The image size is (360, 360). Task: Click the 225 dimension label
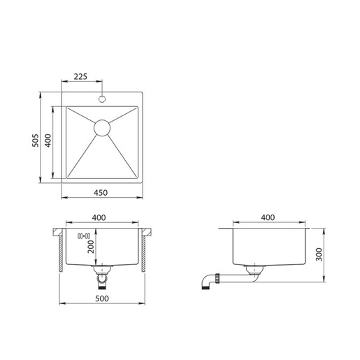pyautogui.click(x=80, y=76)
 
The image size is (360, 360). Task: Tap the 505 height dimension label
pyautogui.click(x=36, y=141)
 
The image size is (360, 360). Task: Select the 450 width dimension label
pyautogui.click(x=101, y=193)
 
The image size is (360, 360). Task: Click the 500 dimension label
pyautogui.click(x=102, y=298)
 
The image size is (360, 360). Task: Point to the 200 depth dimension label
pyautogui.click(x=91, y=247)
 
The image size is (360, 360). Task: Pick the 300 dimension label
pyautogui.click(x=319, y=254)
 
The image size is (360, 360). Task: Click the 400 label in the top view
pyautogui.click(x=48, y=141)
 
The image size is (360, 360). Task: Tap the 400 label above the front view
pyautogui.click(x=99, y=217)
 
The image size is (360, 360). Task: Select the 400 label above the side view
pyautogui.click(x=268, y=217)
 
